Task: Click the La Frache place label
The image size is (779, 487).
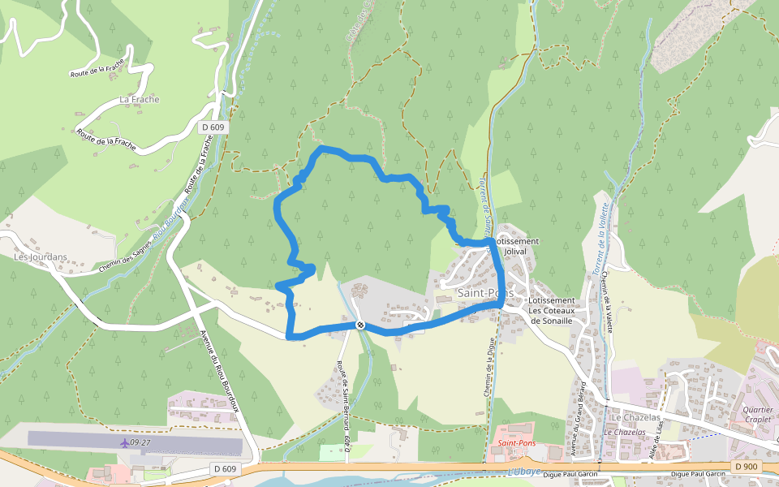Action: [x=140, y=99]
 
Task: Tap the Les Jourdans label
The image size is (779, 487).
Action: [x=41, y=256]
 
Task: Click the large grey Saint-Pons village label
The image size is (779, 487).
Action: [x=484, y=292]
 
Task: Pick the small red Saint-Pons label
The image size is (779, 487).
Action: [x=517, y=443]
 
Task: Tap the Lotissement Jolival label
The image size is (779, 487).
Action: [x=517, y=247]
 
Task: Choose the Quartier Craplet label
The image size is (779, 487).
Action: [x=757, y=415]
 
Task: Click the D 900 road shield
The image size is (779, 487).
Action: [x=746, y=467]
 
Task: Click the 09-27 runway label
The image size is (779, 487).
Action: [x=140, y=442]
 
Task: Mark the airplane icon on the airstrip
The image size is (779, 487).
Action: [x=123, y=442]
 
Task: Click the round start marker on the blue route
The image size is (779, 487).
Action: [x=360, y=325]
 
